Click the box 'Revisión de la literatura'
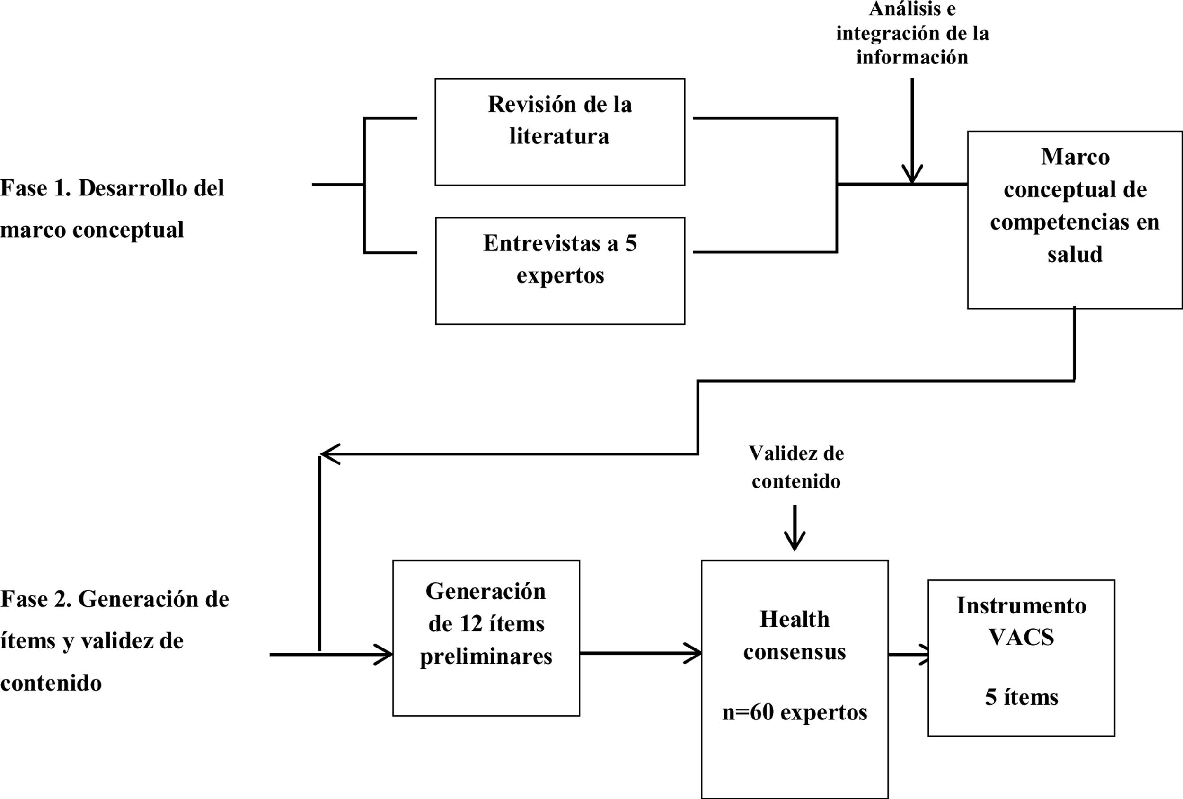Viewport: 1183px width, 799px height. pos(559,132)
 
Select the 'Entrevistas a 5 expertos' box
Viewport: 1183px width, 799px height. pos(560,270)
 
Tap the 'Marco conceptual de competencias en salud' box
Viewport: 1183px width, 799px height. pos(1075,220)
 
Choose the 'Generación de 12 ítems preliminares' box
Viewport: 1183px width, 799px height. pos(486,638)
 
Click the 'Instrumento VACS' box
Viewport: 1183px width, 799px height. pos(1021,657)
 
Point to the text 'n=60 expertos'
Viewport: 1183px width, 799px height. pos(795,712)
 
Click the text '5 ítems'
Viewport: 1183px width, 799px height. pos(1021,697)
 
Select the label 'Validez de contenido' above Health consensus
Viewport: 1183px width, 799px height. pos(795,467)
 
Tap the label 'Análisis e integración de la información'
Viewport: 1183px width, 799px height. pos(912,33)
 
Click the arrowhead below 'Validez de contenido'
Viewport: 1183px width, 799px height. pos(795,542)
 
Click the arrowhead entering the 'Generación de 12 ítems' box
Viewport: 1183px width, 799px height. pos(384,654)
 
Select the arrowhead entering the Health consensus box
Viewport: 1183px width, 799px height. pos(693,653)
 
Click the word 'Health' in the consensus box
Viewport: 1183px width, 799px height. pos(795,619)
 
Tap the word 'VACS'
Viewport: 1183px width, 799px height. pos(1021,637)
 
